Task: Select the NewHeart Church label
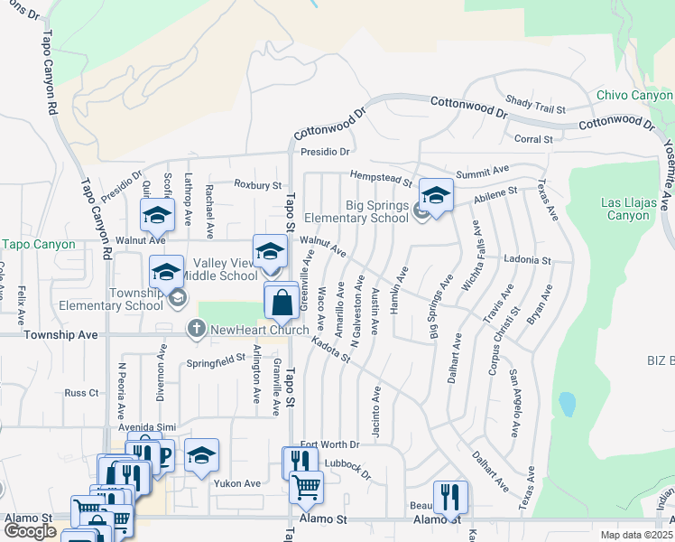[260, 330]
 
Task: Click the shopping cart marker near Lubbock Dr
[307, 487]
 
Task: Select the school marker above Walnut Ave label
[157, 215]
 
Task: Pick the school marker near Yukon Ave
[202, 455]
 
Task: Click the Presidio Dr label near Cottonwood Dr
[325, 152]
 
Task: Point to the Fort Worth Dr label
[330, 444]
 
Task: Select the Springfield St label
[216, 359]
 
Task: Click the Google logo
[30, 530]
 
